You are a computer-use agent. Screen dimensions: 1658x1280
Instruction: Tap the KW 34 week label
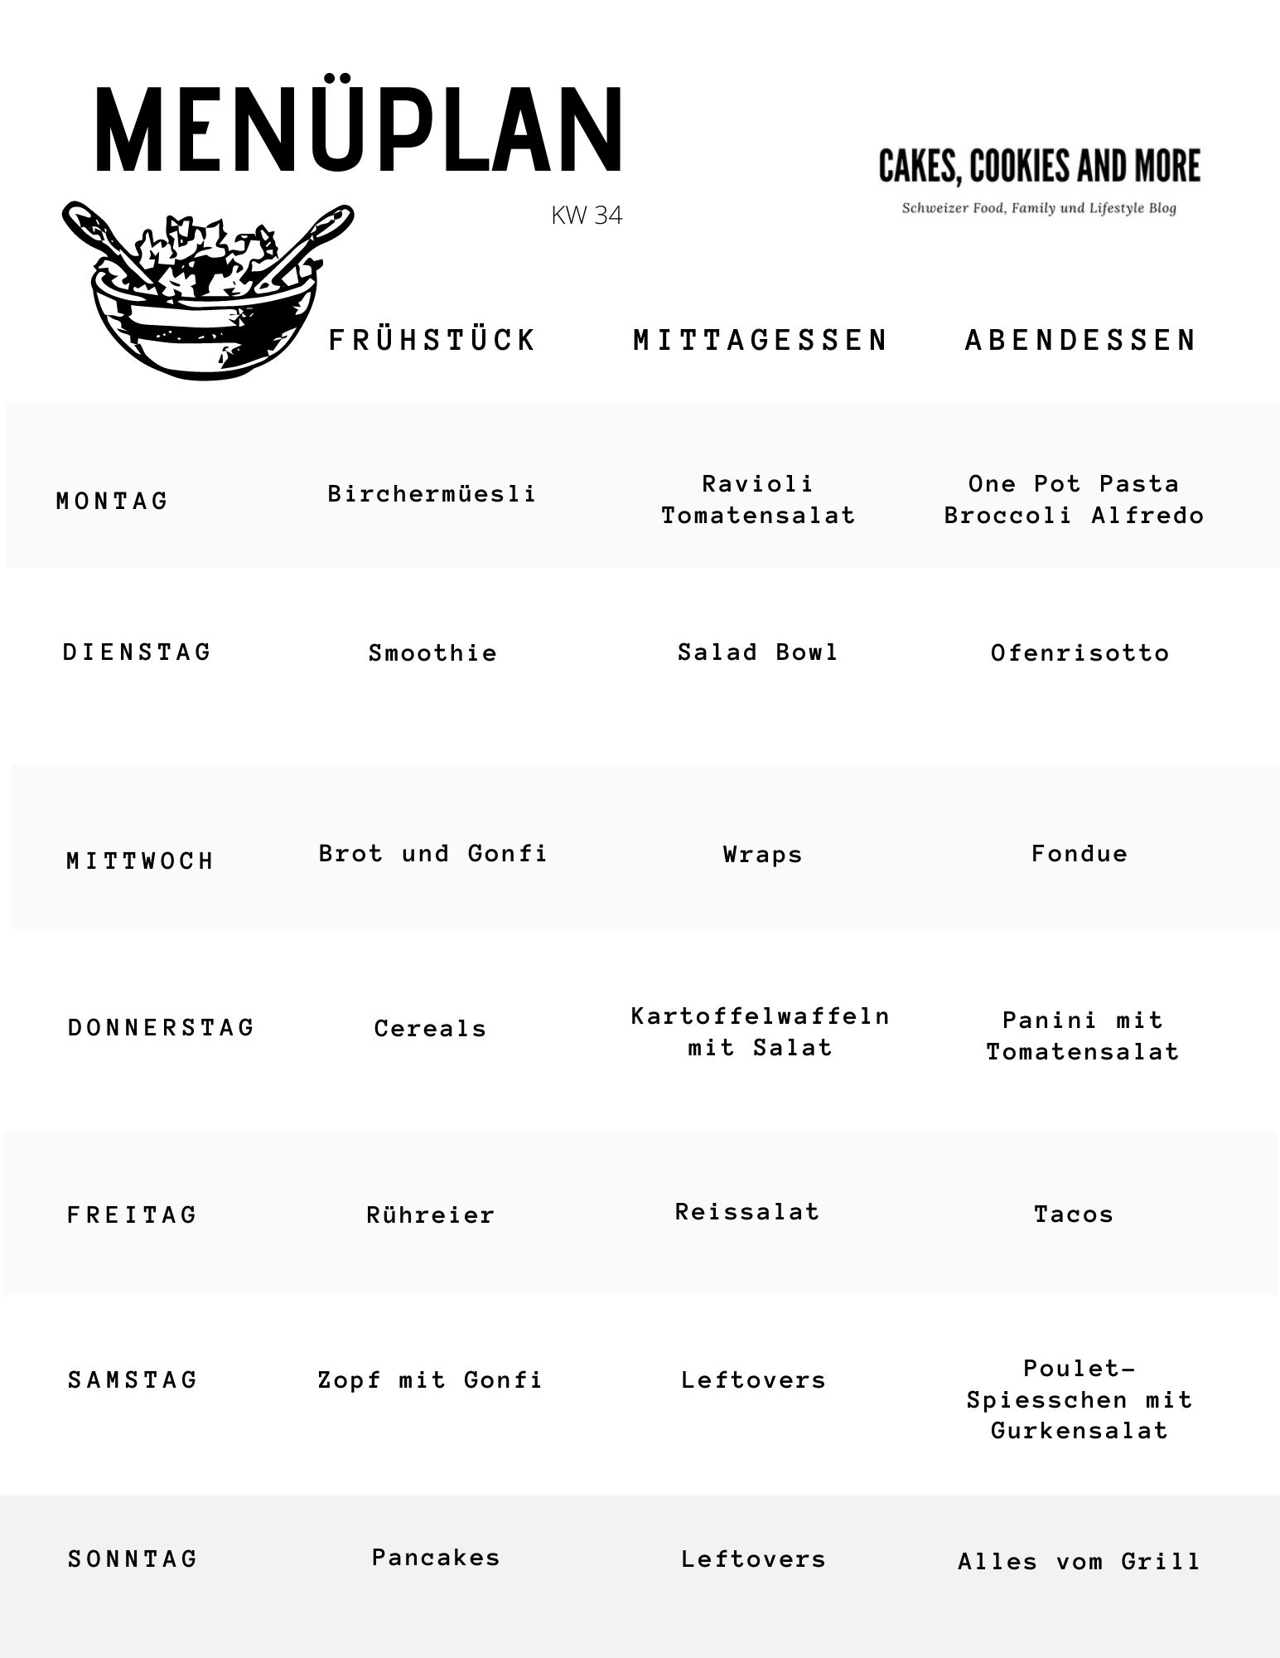[x=587, y=216]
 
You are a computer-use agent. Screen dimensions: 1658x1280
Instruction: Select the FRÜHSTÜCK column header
[x=432, y=341]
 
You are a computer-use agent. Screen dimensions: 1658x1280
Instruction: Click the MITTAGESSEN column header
[x=761, y=341]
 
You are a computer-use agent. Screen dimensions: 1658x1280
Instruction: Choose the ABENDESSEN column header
[x=1081, y=341]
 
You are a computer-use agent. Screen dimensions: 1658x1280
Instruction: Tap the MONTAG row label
[x=113, y=502]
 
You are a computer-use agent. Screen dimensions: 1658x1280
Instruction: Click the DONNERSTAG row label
[x=162, y=1028]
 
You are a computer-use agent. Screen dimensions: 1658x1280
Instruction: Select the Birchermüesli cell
[x=432, y=494]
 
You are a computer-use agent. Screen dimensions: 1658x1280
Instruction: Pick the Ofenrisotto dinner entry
[x=1080, y=653]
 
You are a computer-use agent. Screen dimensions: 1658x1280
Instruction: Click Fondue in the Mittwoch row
[x=1080, y=854]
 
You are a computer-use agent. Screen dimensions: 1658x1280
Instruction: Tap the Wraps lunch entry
[x=763, y=855]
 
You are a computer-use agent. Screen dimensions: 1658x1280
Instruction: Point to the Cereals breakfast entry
[x=430, y=1029]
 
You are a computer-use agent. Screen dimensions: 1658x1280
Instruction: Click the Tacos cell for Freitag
[x=1074, y=1214]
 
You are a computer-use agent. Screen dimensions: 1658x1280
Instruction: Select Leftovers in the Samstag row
[x=754, y=1380]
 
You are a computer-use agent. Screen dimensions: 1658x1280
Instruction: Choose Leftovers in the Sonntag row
[x=754, y=1559]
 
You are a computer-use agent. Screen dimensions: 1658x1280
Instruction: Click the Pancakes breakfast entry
[x=436, y=1558]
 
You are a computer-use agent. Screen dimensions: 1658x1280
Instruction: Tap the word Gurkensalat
[x=1080, y=1431]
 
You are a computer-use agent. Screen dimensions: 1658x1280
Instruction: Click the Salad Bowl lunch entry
[x=758, y=652]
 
